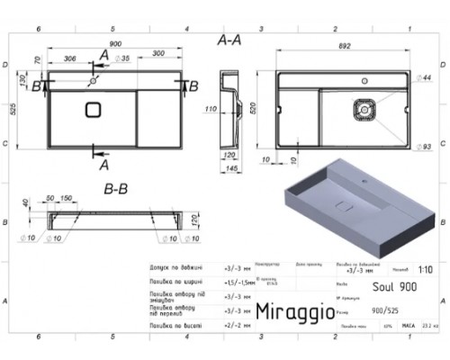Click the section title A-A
[230, 41]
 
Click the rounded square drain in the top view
[94, 111]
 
